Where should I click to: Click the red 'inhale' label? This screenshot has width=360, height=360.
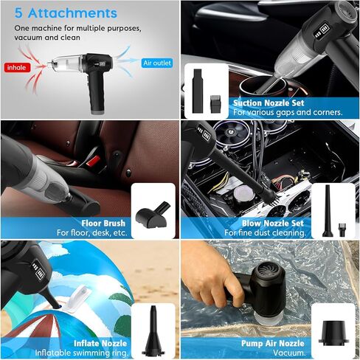coord(17,67)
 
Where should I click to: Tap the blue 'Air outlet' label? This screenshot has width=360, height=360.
coord(157,63)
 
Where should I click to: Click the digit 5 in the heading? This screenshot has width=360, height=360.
coord(18,13)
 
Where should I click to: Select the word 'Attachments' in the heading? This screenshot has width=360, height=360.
coord(72,13)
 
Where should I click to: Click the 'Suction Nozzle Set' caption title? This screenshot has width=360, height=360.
coord(269,103)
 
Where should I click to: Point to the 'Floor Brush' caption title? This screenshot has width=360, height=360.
coord(103,223)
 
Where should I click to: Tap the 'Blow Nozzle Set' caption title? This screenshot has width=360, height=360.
coord(273,223)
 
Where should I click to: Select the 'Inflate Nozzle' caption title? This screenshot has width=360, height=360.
coord(100,343)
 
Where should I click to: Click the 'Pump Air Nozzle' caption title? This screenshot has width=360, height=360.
coord(273,343)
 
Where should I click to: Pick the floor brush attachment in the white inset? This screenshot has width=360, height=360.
coord(153,215)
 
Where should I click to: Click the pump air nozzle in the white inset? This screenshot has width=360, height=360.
coord(333,332)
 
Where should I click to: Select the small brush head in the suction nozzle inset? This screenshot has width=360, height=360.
coord(215,104)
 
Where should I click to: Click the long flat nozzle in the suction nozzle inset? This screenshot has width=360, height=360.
coord(197,91)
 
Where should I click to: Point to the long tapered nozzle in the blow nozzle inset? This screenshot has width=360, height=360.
coord(328,211)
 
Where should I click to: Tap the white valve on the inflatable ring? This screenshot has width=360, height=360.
coord(76,300)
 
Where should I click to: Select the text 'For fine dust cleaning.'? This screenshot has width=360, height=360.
coord(265,232)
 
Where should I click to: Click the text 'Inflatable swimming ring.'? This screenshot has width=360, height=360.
coord(82,353)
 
